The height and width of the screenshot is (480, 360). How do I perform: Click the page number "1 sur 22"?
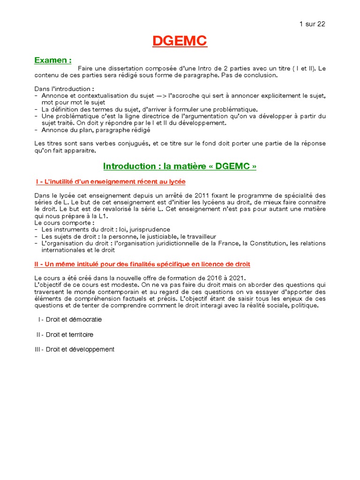312,24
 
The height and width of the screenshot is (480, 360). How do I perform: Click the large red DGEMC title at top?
180,42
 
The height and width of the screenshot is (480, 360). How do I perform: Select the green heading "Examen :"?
53,60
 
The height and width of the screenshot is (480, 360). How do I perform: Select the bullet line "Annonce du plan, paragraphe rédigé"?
96,130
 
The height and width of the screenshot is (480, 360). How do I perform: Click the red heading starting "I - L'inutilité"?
113,181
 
